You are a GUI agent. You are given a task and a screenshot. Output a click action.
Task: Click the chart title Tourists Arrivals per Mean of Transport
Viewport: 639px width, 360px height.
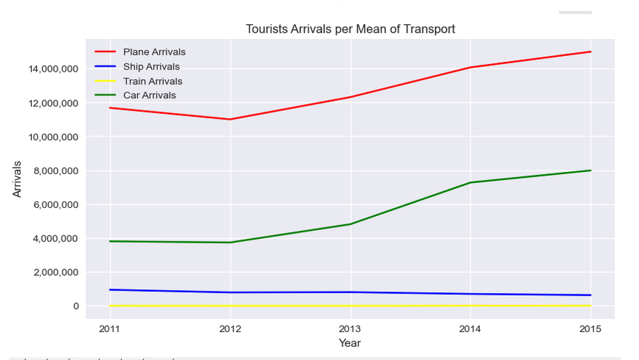point(350,29)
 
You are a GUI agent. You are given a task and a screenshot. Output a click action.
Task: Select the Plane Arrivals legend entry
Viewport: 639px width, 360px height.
point(153,52)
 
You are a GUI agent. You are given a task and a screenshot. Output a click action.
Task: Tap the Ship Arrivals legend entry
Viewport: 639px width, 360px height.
point(151,66)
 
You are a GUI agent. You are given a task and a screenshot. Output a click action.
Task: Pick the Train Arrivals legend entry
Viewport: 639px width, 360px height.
point(152,81)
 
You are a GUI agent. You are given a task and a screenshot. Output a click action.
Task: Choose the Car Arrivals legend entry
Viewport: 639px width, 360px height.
point(149,95)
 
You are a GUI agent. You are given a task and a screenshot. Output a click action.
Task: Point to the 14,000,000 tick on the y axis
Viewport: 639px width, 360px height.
point(53,69)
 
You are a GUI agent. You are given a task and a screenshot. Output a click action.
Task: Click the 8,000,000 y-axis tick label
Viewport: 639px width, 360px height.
point(56,171)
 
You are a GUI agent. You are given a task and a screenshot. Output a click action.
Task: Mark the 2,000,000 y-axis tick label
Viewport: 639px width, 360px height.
point(56,272)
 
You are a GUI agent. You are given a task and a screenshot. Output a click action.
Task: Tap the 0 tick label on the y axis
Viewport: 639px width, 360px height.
point(76,306)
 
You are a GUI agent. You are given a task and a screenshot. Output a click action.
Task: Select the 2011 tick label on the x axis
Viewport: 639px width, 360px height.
point(110,328)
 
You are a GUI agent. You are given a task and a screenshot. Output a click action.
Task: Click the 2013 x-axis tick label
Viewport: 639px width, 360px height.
point(350,328)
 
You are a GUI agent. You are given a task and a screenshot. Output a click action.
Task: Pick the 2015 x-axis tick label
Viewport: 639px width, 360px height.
point(590,328)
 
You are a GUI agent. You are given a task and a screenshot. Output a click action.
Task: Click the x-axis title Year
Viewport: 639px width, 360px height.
point(350,343)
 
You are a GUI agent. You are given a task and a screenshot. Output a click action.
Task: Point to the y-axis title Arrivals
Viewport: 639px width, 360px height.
point(17,179)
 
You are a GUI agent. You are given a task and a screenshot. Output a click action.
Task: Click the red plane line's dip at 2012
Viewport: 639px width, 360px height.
point(230,120)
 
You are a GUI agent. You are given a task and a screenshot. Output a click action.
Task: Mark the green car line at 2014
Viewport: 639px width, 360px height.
point(470,183)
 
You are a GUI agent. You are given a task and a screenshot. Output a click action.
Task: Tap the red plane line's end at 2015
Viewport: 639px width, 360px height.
point(590,52)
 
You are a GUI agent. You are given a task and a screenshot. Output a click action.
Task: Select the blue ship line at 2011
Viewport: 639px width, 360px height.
point(110,290)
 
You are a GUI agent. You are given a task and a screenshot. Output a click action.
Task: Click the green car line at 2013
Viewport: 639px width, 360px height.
point(350,224)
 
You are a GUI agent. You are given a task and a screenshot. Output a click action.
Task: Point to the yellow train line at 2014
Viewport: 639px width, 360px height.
point(470,305)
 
